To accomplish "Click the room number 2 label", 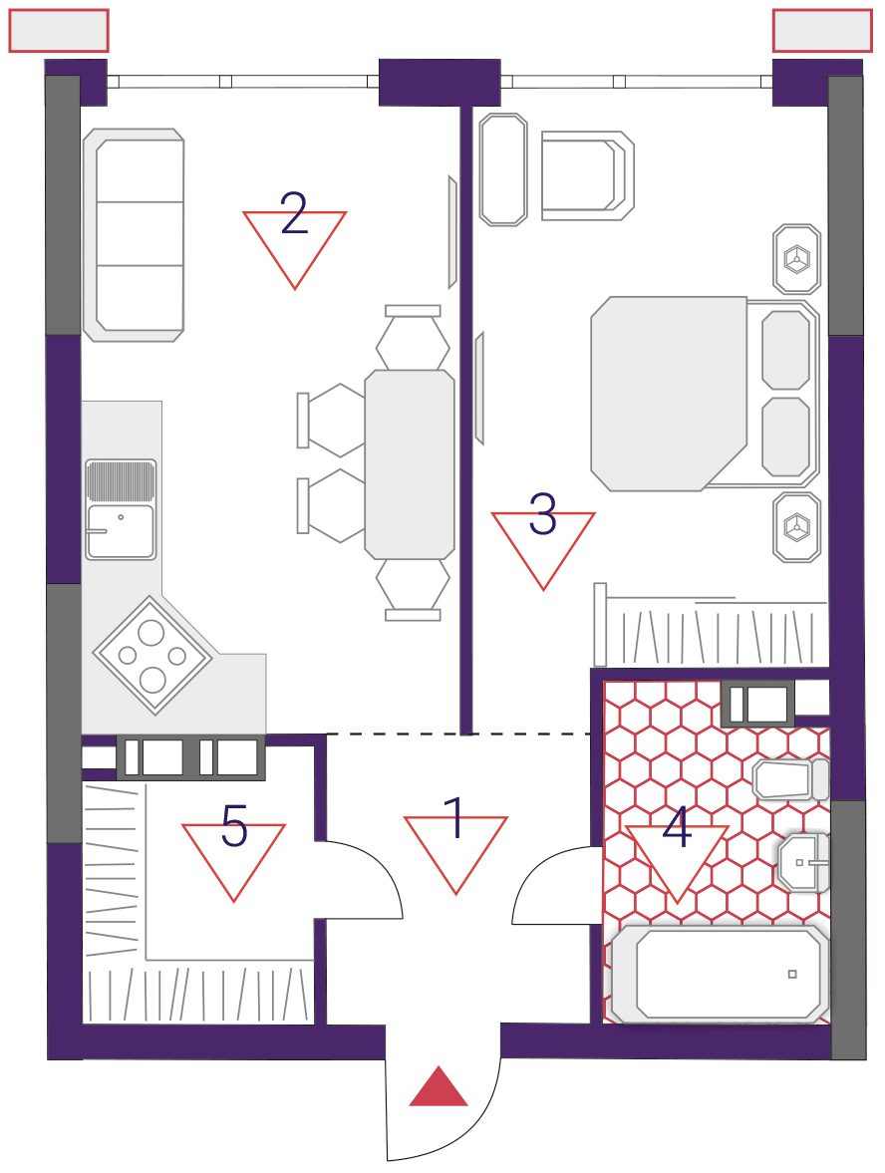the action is (x=294, y=213).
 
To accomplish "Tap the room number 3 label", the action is (x=542, y=513).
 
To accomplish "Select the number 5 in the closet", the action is (x=234, y=826).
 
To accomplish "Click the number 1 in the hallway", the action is (x=454, y=817).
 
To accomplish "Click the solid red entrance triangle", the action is (x=439, y=1086).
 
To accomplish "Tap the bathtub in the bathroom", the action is (x=720, y=974).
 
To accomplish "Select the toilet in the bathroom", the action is (x=790, y=779).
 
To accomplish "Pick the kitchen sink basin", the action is (x=121, y=532).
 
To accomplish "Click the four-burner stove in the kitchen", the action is (x=152, y=656).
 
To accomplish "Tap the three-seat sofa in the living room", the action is (x=134, y=235).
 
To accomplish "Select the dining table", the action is (x=410, y=464).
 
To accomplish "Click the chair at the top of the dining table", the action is (x=413, y=337).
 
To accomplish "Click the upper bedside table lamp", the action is (x=796, y=259).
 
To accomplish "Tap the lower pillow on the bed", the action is (x=785, y=437).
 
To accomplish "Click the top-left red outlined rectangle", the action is (x=59, y=31).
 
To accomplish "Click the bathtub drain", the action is (x=792, y=974).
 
